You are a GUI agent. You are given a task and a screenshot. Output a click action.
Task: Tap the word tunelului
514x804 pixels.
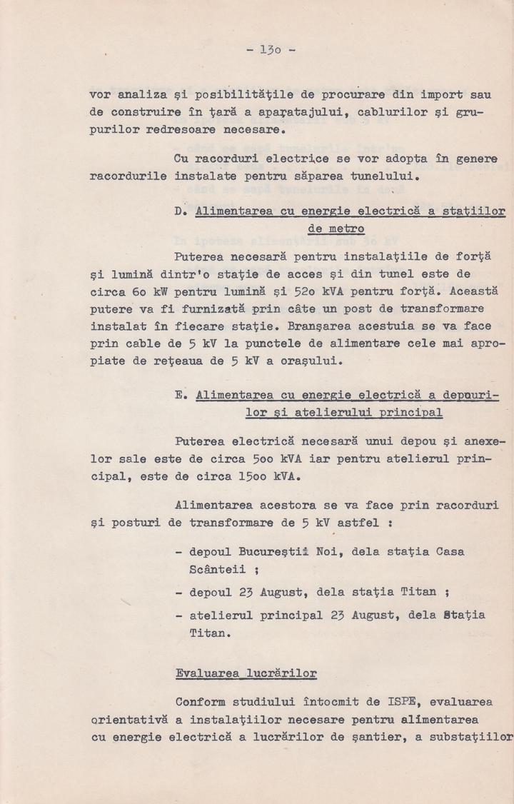click(375, 175)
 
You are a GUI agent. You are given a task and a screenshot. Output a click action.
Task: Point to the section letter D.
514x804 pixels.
click(178, 211)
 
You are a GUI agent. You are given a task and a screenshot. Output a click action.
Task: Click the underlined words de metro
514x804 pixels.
click(336, 229)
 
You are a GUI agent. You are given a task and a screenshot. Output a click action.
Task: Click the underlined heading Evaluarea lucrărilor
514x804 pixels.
click(246, 673)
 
